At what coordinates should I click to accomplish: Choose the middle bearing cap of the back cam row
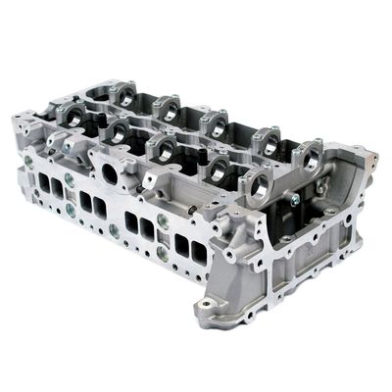[214, 122]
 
